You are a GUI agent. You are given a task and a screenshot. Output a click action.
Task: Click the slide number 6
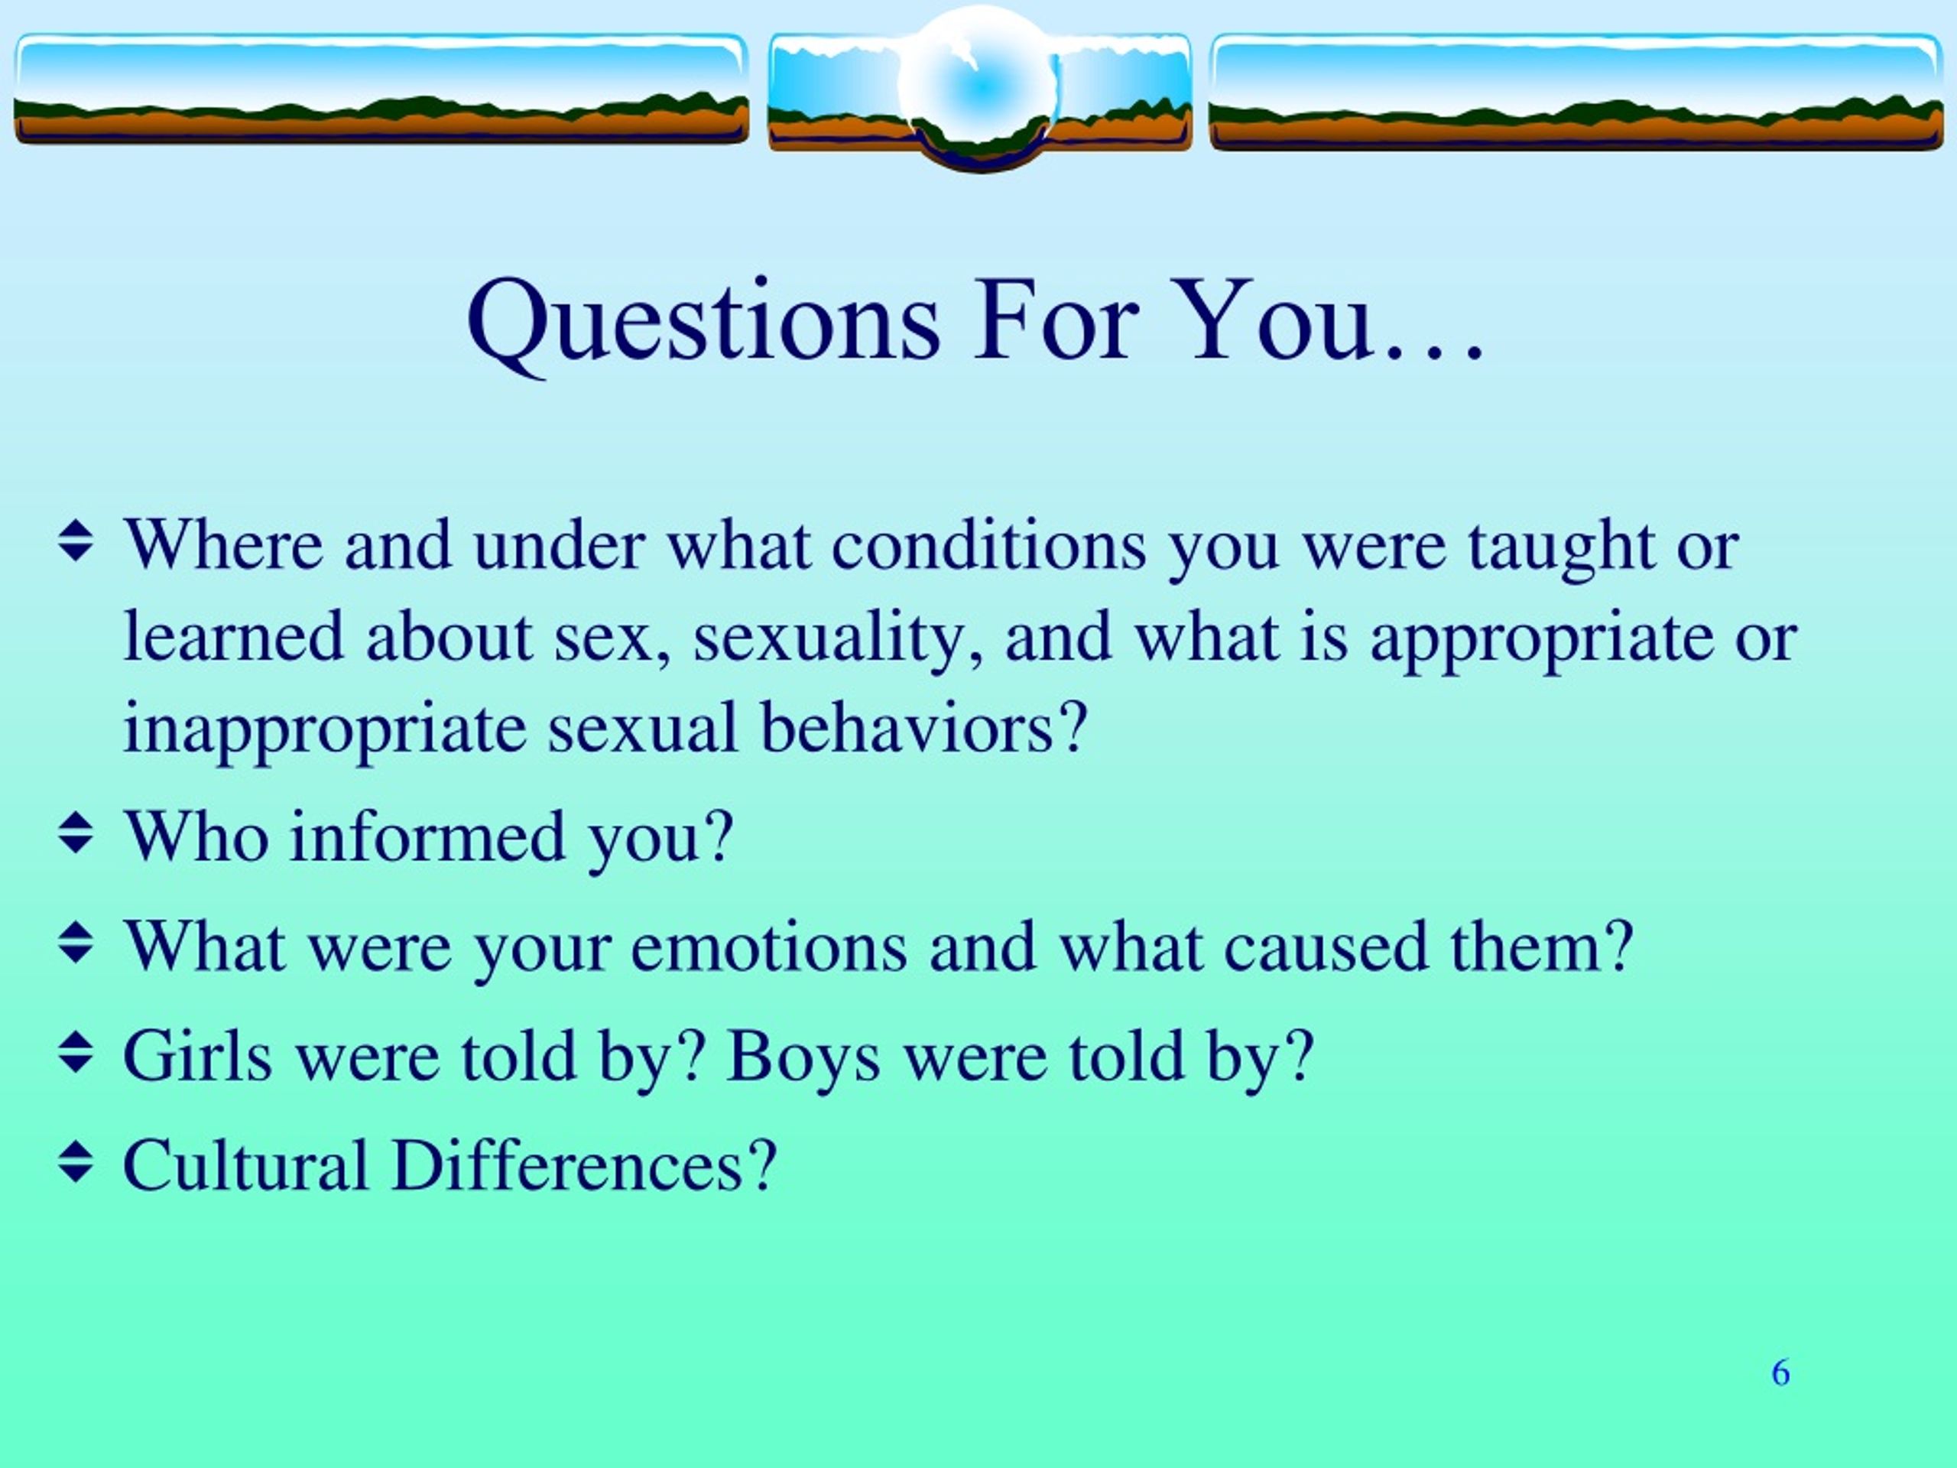click(1781, 1372)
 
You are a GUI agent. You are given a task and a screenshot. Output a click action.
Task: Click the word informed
click(427, 836)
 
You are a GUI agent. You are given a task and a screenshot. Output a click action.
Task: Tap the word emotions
click(769, 947)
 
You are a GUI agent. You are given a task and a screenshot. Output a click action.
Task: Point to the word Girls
click(197, 1056)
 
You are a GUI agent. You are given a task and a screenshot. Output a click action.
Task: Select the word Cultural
click(245, 1165)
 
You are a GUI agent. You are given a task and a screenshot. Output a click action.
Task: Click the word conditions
click(988, 546)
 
